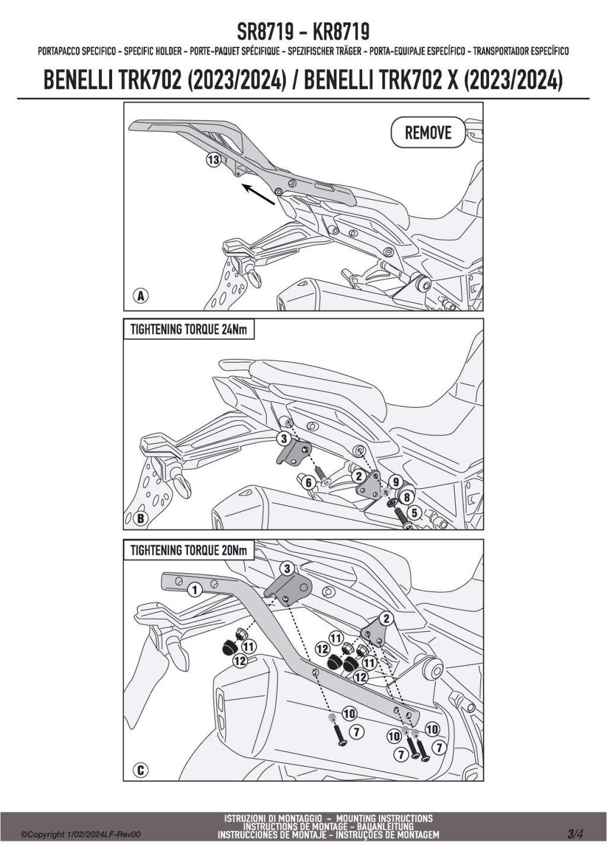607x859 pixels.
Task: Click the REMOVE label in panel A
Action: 427,133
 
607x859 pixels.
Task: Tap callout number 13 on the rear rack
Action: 214,160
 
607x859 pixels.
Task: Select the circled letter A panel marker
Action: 140,296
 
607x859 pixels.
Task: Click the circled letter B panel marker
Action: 140,518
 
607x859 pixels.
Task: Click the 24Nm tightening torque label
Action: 188,330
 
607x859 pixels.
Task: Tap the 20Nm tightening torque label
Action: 188,551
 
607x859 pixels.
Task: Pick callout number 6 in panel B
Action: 309,483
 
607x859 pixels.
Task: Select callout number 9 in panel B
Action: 396,482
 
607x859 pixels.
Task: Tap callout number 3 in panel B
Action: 284,440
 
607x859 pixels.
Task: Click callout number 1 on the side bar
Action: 194,590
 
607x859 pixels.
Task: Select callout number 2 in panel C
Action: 386,618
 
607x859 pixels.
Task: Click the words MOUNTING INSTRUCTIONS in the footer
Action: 384,829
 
